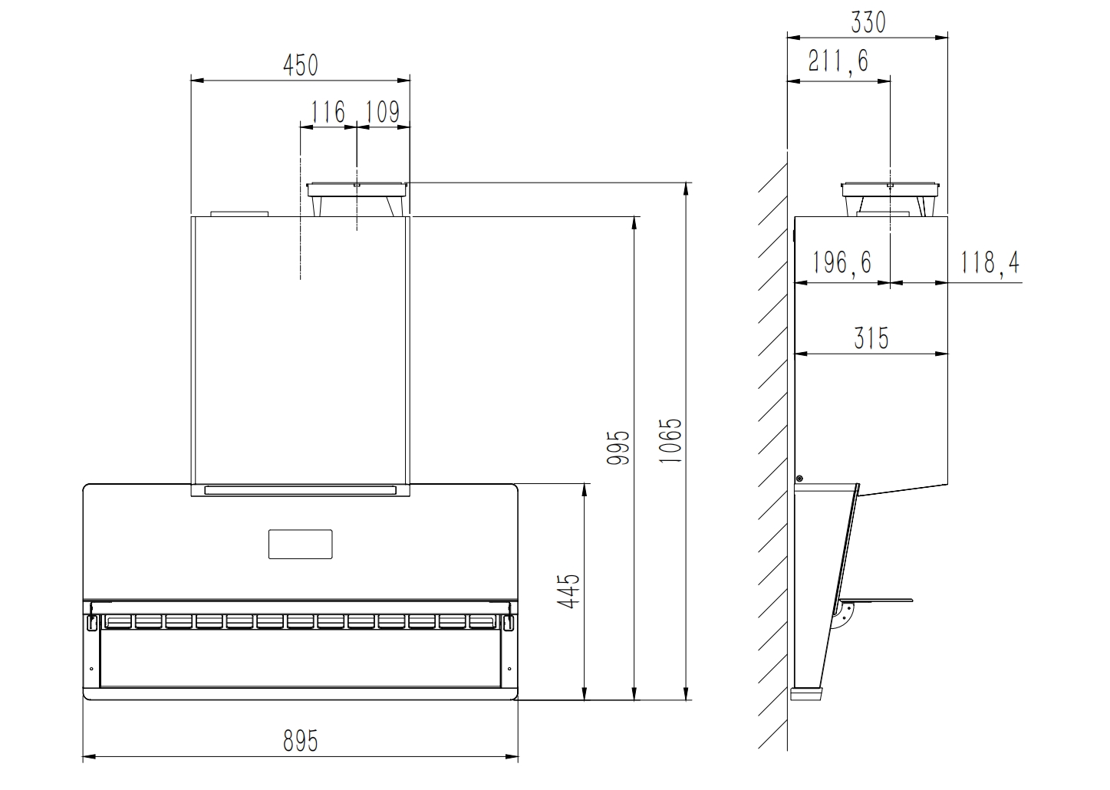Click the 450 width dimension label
pos(300,65)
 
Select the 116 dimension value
pos(328,112)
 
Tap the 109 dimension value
pos(382,112)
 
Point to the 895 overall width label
pos(300,742)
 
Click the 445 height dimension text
pos(568,591)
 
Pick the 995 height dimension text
pos(618,447)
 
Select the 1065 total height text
pos(670,441)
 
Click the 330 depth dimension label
pos(868,22)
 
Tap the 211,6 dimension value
pos(838,62)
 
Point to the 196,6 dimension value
pos(842,262)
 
